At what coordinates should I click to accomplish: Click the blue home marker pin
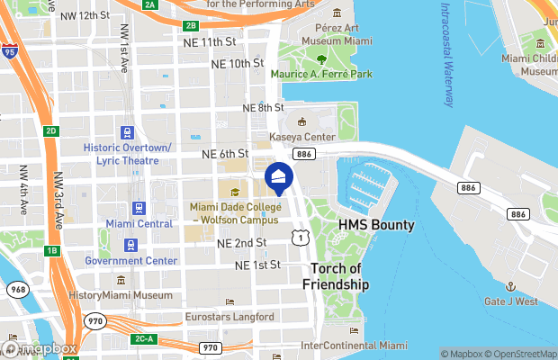[x=277, y=177]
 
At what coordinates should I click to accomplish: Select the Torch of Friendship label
[x=340, y=276]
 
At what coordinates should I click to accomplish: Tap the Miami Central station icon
[x=139, y=207]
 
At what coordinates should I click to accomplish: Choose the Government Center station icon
[x=131, y=245]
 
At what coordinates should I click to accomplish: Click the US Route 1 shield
[x=298, y=236]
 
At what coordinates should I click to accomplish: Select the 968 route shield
[x=17, y=290]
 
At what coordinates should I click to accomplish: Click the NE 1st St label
[x=258, y=265]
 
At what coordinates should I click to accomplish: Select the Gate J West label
[x=511, y=301]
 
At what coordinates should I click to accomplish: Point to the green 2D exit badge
[x=52, y=131]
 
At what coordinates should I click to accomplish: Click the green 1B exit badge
[x=52, y=250]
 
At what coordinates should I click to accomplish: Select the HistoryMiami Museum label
[x=121, y=295]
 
